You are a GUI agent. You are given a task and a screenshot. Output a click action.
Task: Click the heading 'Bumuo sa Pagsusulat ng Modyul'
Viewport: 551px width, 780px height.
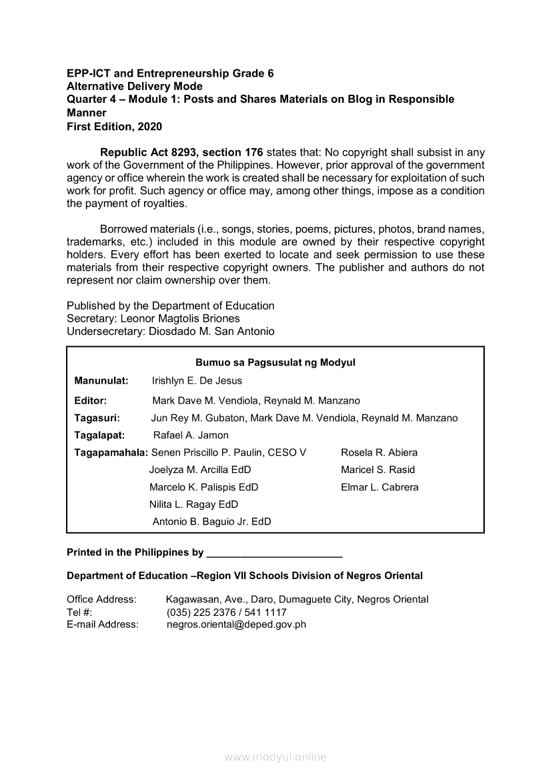[275, 363]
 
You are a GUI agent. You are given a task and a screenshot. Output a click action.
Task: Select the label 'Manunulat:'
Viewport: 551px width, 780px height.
[101, 380]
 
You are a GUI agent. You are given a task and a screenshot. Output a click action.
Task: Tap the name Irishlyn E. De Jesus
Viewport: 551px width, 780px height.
[197, 380]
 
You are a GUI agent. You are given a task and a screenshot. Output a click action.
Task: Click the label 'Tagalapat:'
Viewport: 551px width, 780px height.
[100, 435]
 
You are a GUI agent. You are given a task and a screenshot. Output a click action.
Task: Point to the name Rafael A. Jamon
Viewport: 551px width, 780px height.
[191, 435]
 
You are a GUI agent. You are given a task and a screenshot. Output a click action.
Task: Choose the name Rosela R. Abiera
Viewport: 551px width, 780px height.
[379, 452]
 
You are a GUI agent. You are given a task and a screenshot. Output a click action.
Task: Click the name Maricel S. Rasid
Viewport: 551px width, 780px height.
[378, 470]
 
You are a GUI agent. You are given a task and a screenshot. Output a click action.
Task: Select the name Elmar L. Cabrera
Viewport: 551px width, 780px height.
[380, 487]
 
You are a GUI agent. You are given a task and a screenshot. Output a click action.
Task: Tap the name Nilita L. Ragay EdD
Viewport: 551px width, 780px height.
[193, 504]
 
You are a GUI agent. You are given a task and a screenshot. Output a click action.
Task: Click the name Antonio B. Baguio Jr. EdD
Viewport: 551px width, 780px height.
[211, 522]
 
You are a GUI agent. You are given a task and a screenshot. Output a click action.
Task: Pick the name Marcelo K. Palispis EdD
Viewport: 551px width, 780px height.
[203, 487]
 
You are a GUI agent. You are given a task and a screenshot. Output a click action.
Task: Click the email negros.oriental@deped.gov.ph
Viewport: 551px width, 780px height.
[236, 625]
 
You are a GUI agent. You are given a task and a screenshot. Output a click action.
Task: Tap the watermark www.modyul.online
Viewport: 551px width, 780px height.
[275, 757]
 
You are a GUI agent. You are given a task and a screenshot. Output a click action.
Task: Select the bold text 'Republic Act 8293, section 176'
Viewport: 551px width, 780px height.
[182, 152]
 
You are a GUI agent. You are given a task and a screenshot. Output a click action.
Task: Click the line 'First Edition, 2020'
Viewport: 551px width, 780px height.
[114, 126]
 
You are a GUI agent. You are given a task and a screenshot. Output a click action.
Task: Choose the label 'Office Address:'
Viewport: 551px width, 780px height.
[101, 599]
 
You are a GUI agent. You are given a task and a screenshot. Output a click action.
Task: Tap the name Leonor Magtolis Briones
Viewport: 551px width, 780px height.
[180, 318]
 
